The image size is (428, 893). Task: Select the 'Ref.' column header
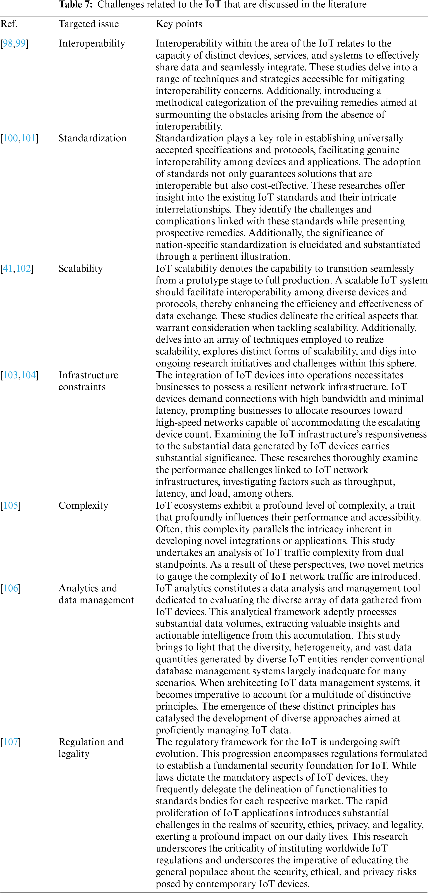9,24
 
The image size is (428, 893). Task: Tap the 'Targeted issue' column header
89,24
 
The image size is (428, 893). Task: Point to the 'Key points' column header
179,24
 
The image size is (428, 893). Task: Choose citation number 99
21,43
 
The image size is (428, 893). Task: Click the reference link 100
11,138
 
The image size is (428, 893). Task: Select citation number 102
24,269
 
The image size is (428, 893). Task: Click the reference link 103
11,375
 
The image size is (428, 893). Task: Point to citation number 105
11,505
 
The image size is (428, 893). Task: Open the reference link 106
11,588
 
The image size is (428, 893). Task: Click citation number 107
11,742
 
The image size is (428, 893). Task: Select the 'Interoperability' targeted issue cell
92,43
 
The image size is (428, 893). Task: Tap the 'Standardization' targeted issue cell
93,138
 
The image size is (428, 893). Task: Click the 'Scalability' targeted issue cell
81,269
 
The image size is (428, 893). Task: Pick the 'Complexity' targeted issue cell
83,505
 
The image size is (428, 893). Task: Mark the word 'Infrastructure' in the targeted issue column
88,375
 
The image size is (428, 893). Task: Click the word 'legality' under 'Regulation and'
74,754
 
